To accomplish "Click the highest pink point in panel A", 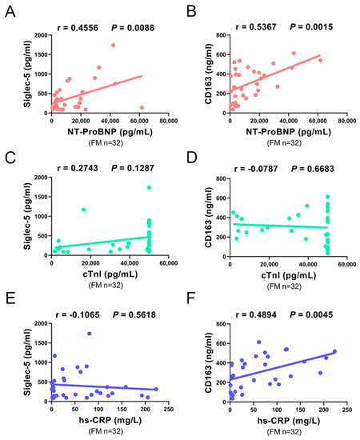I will pyautogui.click(x=114, y=46).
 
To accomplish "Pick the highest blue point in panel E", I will pyautogui.click(x=90, y=334).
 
